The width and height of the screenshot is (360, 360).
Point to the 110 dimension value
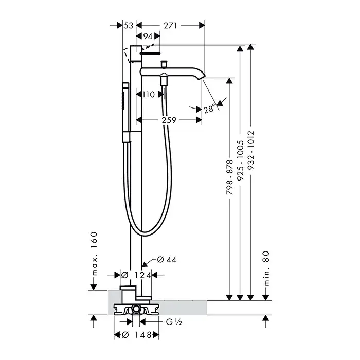tap(149, 94)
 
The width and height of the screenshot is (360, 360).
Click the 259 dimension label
tap(170, 120)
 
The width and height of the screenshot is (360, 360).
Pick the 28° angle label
tap(209, 110)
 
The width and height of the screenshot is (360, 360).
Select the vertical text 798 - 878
tap(230, 176)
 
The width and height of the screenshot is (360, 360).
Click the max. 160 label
tap(94, 253)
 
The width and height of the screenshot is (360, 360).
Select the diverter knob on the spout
tap(164, 64)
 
